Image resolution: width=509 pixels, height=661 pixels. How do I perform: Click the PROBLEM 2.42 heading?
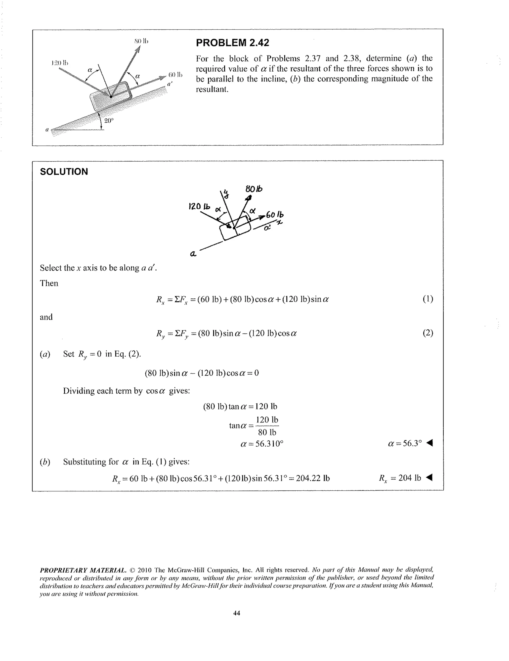click(232, 43)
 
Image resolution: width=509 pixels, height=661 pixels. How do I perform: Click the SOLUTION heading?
click(64, 172)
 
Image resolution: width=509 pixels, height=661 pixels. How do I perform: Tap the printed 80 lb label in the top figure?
click(141, 41)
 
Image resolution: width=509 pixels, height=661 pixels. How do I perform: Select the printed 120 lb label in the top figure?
click(60, 63)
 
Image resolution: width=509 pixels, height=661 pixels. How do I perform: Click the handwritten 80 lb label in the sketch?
click(254, 189)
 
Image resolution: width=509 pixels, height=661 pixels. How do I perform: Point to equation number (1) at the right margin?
click(428, 299)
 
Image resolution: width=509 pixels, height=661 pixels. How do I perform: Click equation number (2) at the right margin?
click(428, 333)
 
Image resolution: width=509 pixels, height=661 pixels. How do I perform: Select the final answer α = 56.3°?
click(405, 443)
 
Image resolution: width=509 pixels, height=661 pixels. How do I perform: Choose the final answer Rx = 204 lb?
click(400, 478)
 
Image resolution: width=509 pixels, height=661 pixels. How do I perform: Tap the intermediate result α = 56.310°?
click(262, 444)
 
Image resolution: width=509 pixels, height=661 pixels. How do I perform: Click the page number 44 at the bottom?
click(237, 613)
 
